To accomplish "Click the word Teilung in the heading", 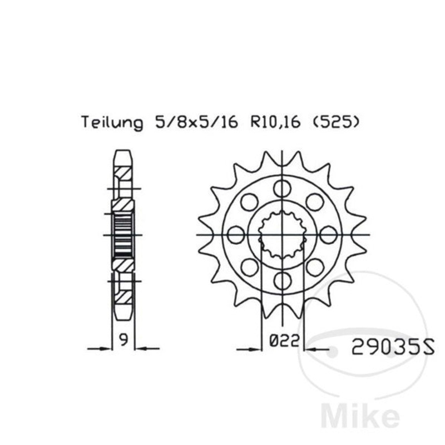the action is click(112, 122).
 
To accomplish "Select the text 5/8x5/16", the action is click(196, 122).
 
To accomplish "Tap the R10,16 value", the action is click(275, 122).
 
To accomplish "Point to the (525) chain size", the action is click(336, 122).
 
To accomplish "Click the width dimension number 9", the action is click(123, 340).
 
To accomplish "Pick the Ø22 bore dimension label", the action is click(284, 340).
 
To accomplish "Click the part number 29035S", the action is click(393, 347).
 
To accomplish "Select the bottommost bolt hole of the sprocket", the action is click(283, 281).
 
